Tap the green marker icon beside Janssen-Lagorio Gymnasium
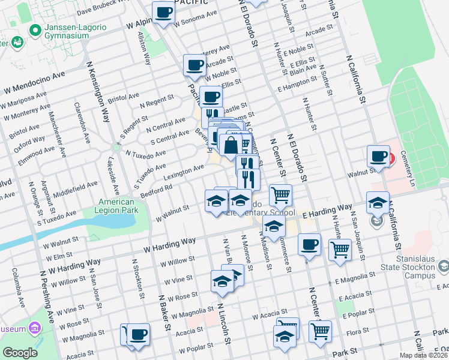pos(35,29)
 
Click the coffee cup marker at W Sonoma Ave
pos(163,12)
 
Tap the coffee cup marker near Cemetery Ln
pos(378,157)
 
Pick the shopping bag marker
pos(231,145)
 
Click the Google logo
pos(20,353)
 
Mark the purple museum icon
pos(34,328)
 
